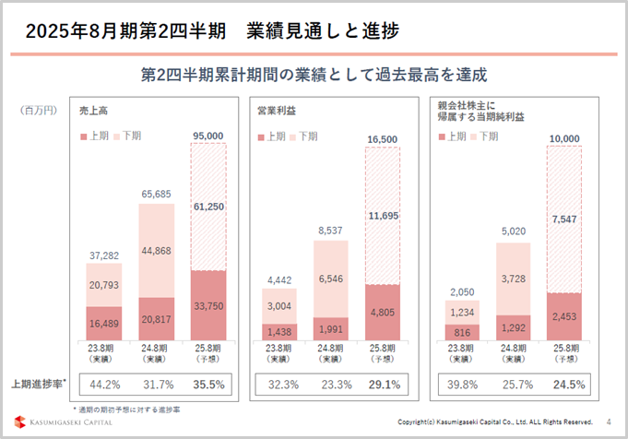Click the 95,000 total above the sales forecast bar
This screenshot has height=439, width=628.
click(x=208, y=136)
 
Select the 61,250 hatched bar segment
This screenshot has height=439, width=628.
click(x=208, y=208)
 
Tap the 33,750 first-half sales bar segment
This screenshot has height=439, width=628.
click(x=208, y=305)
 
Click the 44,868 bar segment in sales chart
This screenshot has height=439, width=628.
click(x=157, y=256)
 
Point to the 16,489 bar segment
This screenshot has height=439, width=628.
click(x=104, y=323)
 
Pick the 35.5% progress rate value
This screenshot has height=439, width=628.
click(x=208, y=384)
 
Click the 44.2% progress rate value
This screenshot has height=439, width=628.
click(x=104, y=384)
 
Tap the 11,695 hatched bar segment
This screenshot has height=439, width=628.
click(x=382, y=216)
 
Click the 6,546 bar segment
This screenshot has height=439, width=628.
click(x=330, y=279)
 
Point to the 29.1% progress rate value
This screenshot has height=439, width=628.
click(x=382, y=384)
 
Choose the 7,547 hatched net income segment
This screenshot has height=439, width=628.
click(x=564, y=219)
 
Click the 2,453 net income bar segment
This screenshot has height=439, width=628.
click(x=564, y=315)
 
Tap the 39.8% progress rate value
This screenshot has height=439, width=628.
click(x=461, y=384)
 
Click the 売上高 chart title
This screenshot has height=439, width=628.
click(x=94, y=111)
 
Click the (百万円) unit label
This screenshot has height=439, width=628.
click(x=39, y=110)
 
